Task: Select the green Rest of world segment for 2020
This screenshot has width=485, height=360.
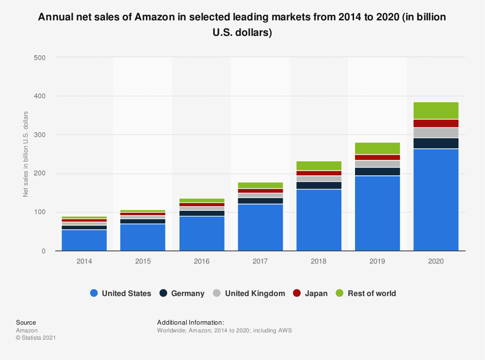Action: click(436, 110)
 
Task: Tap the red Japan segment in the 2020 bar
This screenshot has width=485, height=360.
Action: click(436, 124)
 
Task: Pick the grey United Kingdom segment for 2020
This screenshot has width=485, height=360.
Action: click(436, 133)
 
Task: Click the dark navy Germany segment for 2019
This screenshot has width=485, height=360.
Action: click(377, 172)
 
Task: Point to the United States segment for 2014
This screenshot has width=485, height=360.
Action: click(84, 240)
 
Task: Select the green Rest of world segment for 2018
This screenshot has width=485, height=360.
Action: click(319, 166)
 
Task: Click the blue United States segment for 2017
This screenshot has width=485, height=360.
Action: click(260, 227)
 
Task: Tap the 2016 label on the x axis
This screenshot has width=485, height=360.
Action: click(202, 261)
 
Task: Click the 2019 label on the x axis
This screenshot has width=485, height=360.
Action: click(377, 261)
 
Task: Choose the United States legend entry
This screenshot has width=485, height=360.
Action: click(126, 293)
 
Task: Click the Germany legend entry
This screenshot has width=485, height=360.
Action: click(188, 293)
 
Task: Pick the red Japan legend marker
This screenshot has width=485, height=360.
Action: click(296, 293)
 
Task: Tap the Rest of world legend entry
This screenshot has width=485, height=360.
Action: click(372, 293)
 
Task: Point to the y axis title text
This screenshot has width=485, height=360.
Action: click(26, 154)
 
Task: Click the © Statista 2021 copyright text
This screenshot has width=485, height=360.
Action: click(36, 338)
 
